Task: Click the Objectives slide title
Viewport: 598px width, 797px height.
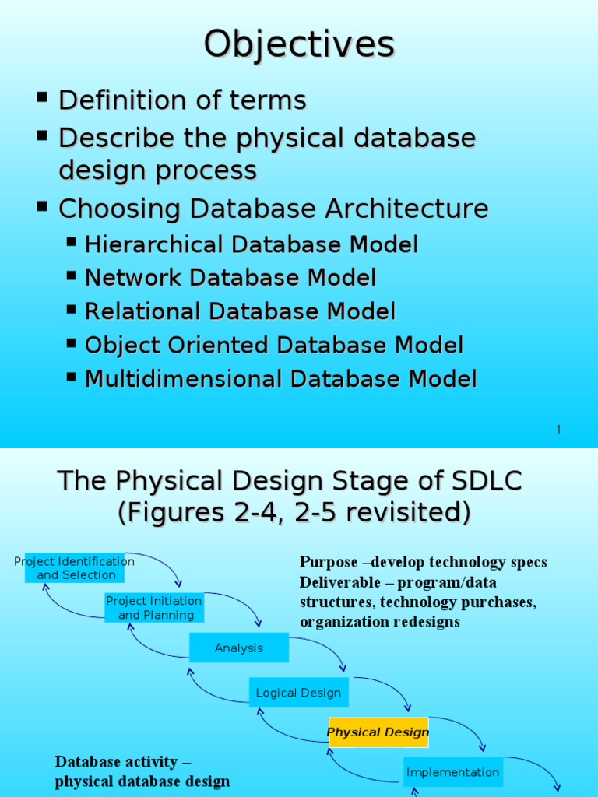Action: pos(299,44)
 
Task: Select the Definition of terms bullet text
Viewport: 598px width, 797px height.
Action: pos(182,100)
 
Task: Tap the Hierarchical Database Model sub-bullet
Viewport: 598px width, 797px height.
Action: pos(251,244)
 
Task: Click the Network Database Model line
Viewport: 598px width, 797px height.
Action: pos(230,278)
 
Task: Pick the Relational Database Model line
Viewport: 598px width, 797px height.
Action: pos(240,311)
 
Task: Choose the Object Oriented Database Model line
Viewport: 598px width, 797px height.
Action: pos(273,346)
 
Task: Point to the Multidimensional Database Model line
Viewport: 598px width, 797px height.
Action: pos(280,379)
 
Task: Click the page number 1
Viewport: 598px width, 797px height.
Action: pos(558,430)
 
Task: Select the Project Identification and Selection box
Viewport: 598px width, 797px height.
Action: pos(75,568)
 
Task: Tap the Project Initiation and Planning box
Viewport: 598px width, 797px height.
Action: pos(154,608)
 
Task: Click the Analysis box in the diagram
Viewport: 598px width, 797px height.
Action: pos(239,648)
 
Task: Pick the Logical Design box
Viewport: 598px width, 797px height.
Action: pos(298,693)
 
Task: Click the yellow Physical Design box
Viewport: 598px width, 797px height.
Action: pos(378,732)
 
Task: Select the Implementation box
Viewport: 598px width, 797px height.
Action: pos(452,772)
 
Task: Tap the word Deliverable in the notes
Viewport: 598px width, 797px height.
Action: pos(333,582)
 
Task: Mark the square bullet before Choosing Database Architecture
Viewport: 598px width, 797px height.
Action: pos(43,206)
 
